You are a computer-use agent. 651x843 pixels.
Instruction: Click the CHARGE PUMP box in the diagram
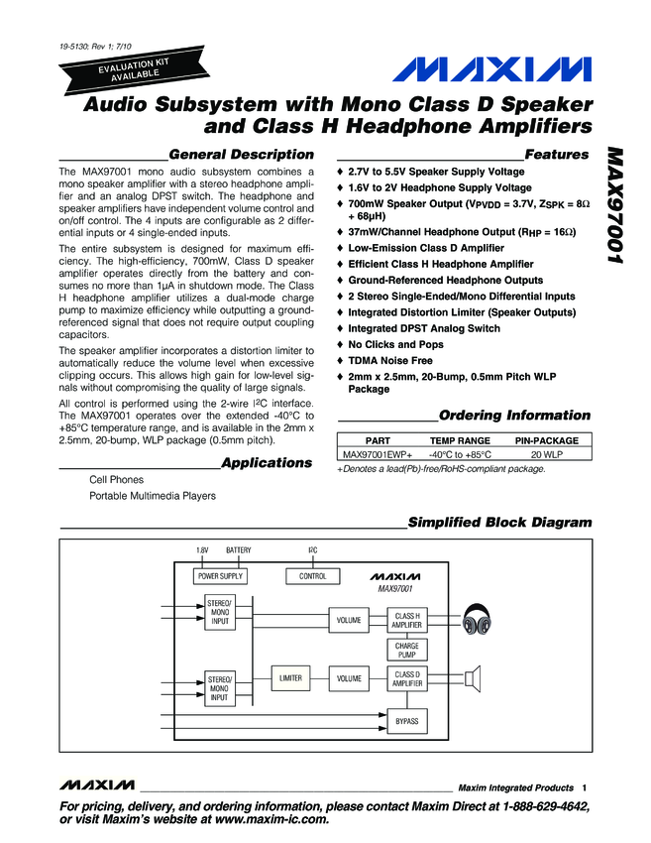406,650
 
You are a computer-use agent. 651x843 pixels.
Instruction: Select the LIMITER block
290,678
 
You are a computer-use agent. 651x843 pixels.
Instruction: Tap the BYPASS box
406,721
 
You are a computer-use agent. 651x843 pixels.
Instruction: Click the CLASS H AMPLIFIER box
406,620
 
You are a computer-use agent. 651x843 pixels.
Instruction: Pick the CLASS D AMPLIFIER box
406,678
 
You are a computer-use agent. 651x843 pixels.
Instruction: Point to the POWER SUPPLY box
219,576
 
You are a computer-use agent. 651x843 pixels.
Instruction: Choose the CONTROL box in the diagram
312,576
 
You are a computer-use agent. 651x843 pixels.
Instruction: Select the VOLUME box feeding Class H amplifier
348,620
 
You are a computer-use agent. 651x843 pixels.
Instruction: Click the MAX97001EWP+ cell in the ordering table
377,453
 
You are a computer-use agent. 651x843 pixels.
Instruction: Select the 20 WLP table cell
546,453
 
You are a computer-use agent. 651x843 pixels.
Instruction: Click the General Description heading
241,155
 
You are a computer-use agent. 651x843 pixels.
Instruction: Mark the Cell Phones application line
116,480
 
